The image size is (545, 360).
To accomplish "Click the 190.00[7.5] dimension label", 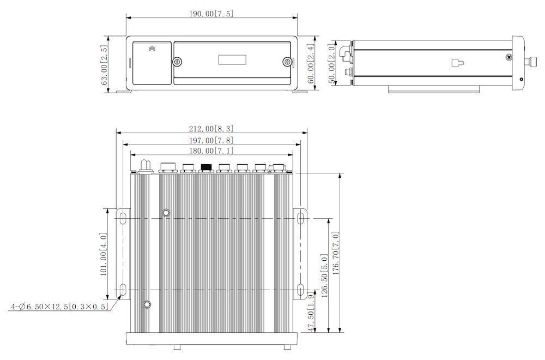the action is pos(211,14).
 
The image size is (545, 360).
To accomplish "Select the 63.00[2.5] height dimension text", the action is pos(104,65).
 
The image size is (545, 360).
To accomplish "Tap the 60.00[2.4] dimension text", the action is pos(311,63).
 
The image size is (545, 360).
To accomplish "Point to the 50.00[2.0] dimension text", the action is pos(331,64).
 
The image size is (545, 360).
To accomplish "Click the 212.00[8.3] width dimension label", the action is pos(211,129).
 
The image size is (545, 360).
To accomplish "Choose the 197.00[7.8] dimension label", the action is pos(211,141).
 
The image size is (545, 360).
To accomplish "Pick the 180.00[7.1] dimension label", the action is pos(211,151).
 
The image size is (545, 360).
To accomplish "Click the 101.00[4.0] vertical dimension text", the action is pos(104,254).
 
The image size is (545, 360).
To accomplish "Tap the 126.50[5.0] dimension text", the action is pos(324,276).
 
